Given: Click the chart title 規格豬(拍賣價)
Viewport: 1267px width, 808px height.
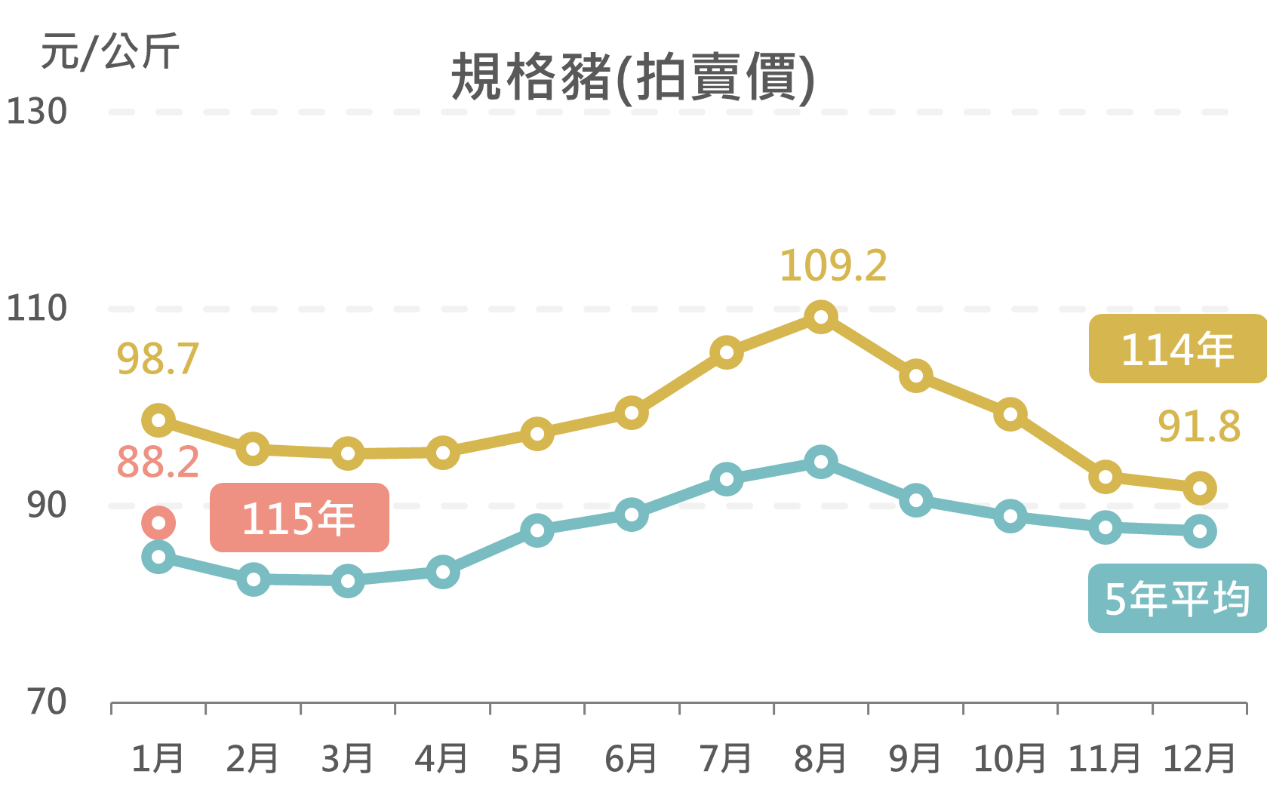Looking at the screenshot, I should tap(632, 78).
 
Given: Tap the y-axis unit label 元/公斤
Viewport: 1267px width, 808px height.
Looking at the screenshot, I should tap(110, 52).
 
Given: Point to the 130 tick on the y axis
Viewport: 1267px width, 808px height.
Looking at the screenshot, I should tap(36, 112).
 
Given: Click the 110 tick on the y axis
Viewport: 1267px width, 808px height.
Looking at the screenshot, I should tap(36, 309).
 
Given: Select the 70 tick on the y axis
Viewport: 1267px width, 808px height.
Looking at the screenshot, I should tap(47, 702).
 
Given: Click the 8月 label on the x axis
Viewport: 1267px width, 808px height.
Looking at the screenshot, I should tap(820, 759).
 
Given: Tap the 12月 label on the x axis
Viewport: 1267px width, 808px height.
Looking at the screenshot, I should tap(1199, 759).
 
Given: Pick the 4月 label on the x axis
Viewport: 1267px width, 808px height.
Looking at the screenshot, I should tap(441, 759).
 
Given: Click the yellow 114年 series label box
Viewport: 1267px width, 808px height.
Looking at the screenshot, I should tap(1176, 349).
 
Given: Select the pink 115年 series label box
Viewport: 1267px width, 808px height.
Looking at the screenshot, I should tap(300, 518).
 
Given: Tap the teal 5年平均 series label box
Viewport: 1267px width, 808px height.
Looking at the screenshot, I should tap(1176, 598).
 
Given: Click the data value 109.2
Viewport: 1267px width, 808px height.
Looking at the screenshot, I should tap(833, 266).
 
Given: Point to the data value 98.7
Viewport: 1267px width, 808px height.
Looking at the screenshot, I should tap(158, 359).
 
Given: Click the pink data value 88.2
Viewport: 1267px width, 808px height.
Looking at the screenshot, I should tap(158, 462).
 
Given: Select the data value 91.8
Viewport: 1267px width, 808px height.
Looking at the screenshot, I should tap(1199, 427).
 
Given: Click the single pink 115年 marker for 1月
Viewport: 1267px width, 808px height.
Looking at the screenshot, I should tap(158, 523).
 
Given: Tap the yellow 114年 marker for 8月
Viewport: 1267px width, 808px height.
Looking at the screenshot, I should tap(821, 317).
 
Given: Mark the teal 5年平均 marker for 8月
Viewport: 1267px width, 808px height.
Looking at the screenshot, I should tap(821, 462).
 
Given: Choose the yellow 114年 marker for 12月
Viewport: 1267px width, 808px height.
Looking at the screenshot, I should tap(1200, 488).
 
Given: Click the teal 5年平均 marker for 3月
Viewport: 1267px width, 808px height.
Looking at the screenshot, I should tap(348, 581).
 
